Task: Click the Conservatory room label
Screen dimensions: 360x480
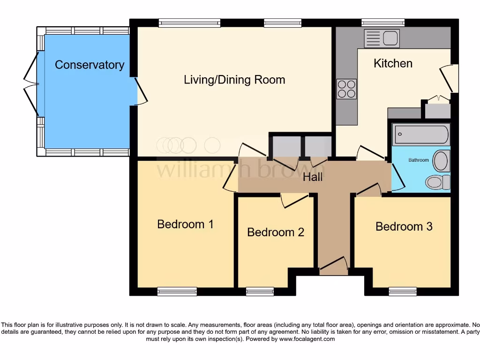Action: (x=89, y=65)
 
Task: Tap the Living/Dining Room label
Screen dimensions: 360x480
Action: (x=234, y=80)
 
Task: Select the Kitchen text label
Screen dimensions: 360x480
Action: (x=393, y=63)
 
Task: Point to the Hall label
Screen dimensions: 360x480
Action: (x=313, y=177)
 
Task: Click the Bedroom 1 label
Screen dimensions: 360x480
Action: (x=185, y=224)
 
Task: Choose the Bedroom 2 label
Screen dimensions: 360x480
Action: (x=276, y=232)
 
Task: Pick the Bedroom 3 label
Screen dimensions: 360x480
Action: (x=404, y=227)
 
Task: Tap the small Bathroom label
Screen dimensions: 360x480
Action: (x=419, y=160)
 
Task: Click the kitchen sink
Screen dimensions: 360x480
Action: (x=382, y=38)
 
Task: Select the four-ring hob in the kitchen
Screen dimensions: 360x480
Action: (x=346, y=89)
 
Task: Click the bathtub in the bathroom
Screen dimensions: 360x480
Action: (x=420, y=135)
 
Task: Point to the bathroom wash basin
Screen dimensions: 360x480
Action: (x=441, y=161)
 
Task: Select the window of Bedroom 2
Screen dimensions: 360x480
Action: (x=260, y=292)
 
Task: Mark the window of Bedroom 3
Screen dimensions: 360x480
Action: (x=402, y=292)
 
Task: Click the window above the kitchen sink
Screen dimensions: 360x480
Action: (x=383, y=22)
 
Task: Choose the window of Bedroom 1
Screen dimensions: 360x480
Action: (x=177, y=292)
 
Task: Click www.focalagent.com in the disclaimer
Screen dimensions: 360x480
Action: (x=307, y=339)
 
